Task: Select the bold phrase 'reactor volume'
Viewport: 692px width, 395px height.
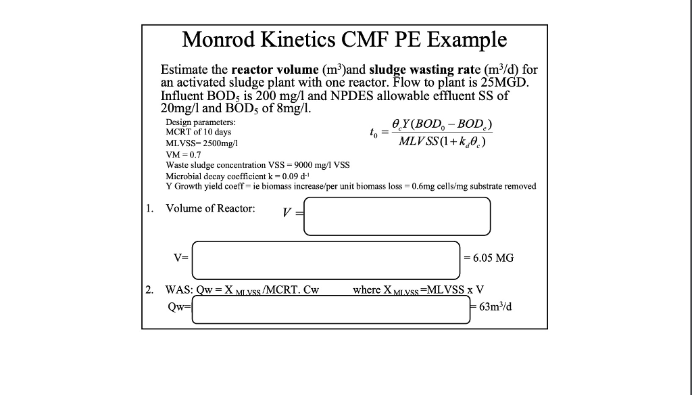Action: (274, 70)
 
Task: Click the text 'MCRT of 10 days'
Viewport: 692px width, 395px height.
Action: (199, 132)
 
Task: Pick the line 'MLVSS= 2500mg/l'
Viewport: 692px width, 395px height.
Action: (201, 144)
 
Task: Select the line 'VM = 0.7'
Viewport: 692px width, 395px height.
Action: (184, 155)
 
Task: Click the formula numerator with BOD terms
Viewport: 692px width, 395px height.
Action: (448, 125)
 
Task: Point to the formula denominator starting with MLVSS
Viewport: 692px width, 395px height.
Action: (443, 143)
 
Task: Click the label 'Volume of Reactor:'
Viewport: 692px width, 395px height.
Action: (210, 208)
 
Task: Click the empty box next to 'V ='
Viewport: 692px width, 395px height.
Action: (397, 216)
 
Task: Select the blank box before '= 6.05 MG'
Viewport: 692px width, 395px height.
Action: (326, 258)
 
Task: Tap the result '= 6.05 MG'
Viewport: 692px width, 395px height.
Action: (488, 258)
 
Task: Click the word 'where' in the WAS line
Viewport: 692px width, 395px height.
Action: (367, 290)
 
